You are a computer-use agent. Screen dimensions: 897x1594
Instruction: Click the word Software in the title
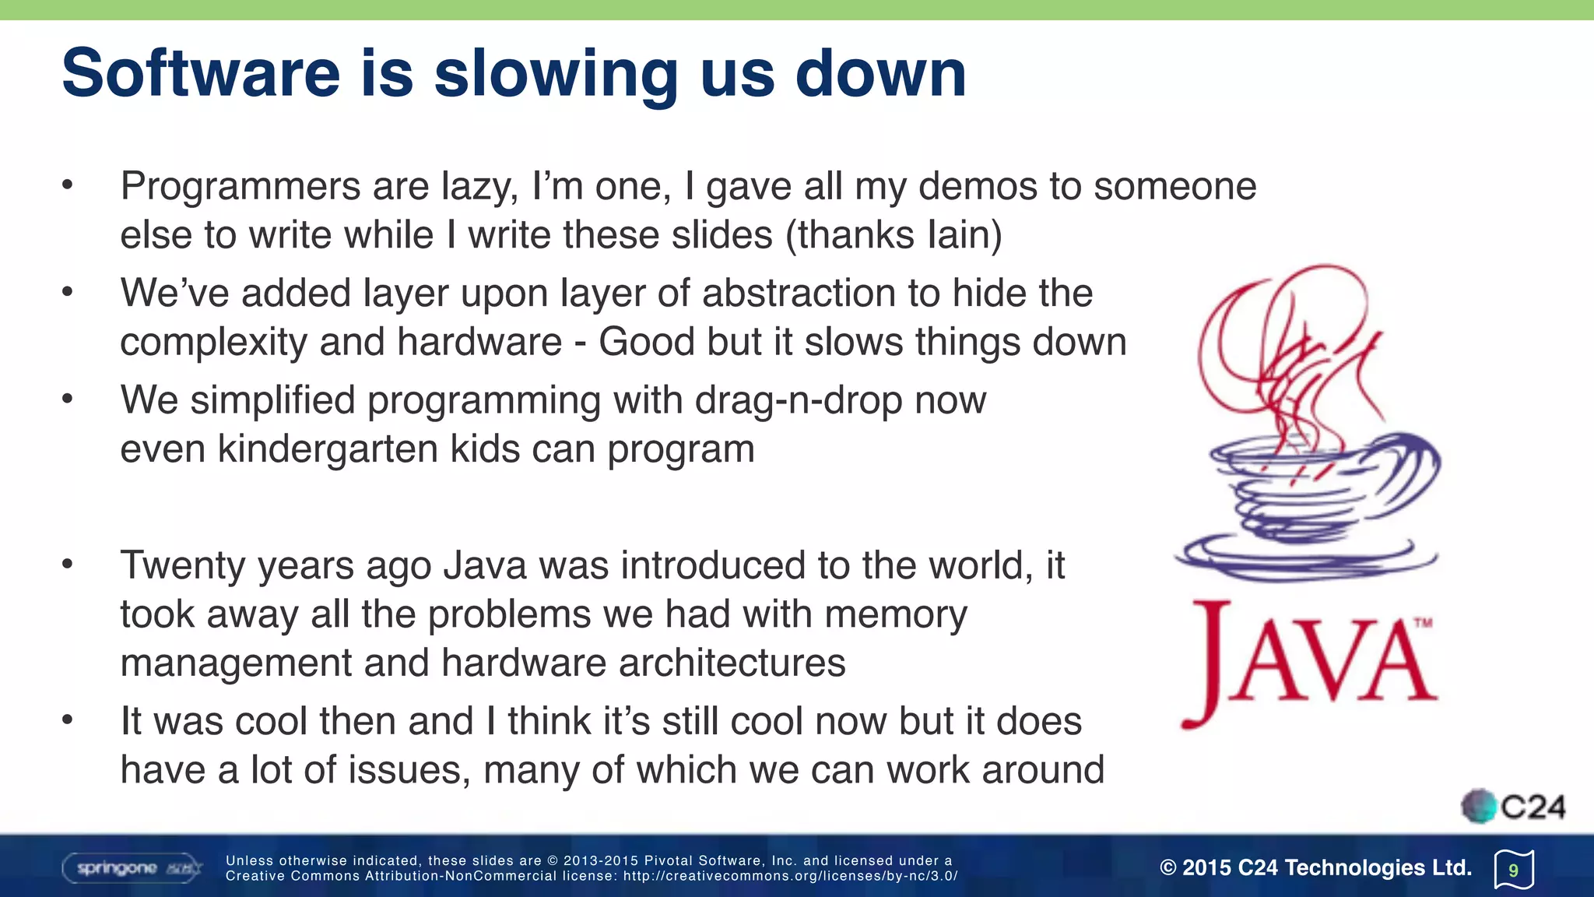coord(201,73)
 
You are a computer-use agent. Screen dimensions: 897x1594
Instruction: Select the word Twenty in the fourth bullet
coord(182,566)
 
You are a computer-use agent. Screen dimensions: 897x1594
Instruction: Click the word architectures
coord(732,663)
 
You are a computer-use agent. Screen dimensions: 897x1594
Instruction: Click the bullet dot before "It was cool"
coord(68,720)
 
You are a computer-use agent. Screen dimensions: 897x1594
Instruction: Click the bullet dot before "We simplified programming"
coord(68,399)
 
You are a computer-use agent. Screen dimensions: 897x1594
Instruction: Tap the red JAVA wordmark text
coord(1308,662)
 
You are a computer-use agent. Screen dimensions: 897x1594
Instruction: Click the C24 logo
coord(1513,807)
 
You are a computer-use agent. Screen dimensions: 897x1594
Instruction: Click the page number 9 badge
coord(1513,870)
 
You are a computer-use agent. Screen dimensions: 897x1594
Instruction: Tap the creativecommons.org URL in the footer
coord(789,876)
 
